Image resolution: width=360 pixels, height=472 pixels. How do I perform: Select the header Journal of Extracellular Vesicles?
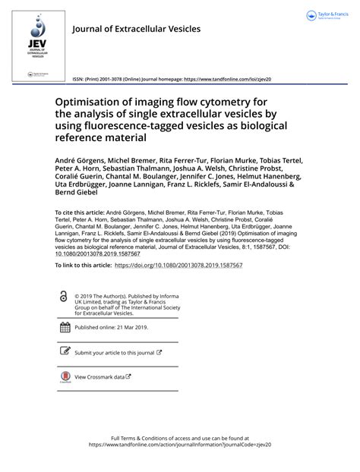coord(136,29)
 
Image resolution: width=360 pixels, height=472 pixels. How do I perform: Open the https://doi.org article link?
coord(178,265)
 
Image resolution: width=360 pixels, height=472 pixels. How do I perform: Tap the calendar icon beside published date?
coord(64,328)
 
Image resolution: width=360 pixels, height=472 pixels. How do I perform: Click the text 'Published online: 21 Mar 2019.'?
coord(112,328)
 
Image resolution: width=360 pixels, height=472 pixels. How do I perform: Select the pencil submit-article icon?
coord(64,352)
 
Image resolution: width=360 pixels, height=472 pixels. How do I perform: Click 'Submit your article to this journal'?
coord(114,353)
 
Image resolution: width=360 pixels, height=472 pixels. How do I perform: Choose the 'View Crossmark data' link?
coord(100,376)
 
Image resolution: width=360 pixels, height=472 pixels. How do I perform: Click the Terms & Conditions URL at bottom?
coord(180,445)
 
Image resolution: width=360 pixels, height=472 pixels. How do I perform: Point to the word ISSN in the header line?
coord(79,78)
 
